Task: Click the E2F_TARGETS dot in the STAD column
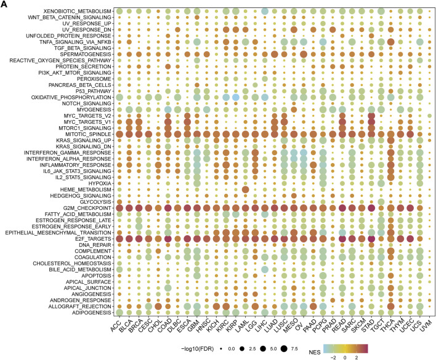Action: tap(371, 238)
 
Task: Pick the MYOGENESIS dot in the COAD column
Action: tap(168, 109)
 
